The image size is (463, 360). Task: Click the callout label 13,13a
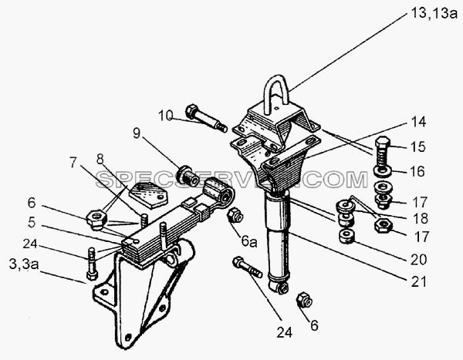pyautogui.click(x=434, y=13)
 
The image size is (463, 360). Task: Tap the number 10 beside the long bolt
pyautogui.click(x=165, y=116)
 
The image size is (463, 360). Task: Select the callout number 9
pyautogui.click(x=137, y=133)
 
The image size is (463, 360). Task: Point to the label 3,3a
pyautogui.click(x=24, y=264)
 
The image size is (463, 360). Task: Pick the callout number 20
pyautogui.click(x=419, y=259)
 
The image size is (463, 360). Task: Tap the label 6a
pyautogui.click(x=249, y=241)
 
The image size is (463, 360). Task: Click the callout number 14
pyautogui.click(x=418, y=122)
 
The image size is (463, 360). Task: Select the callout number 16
pyautogui.click(x=417, y=171)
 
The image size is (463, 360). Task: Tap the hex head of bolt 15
pyautogui.click(x=383, y=143)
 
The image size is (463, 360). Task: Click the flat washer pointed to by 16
pyautogui.click(x=383, y=170)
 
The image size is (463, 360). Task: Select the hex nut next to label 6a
pyautogui.click(x=235, y=214)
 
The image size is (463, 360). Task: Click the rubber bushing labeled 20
pyautogui.click(x=346, y=236)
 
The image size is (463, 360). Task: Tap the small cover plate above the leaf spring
pyautogui.click(x=148, y=195)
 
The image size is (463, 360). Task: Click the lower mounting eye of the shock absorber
pyautogui.click(x=280, y=288)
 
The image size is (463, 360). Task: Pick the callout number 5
pyautogui.click(x=32, y=222)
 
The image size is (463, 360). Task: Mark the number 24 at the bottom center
pyautogui.click(x=284, y=332)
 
